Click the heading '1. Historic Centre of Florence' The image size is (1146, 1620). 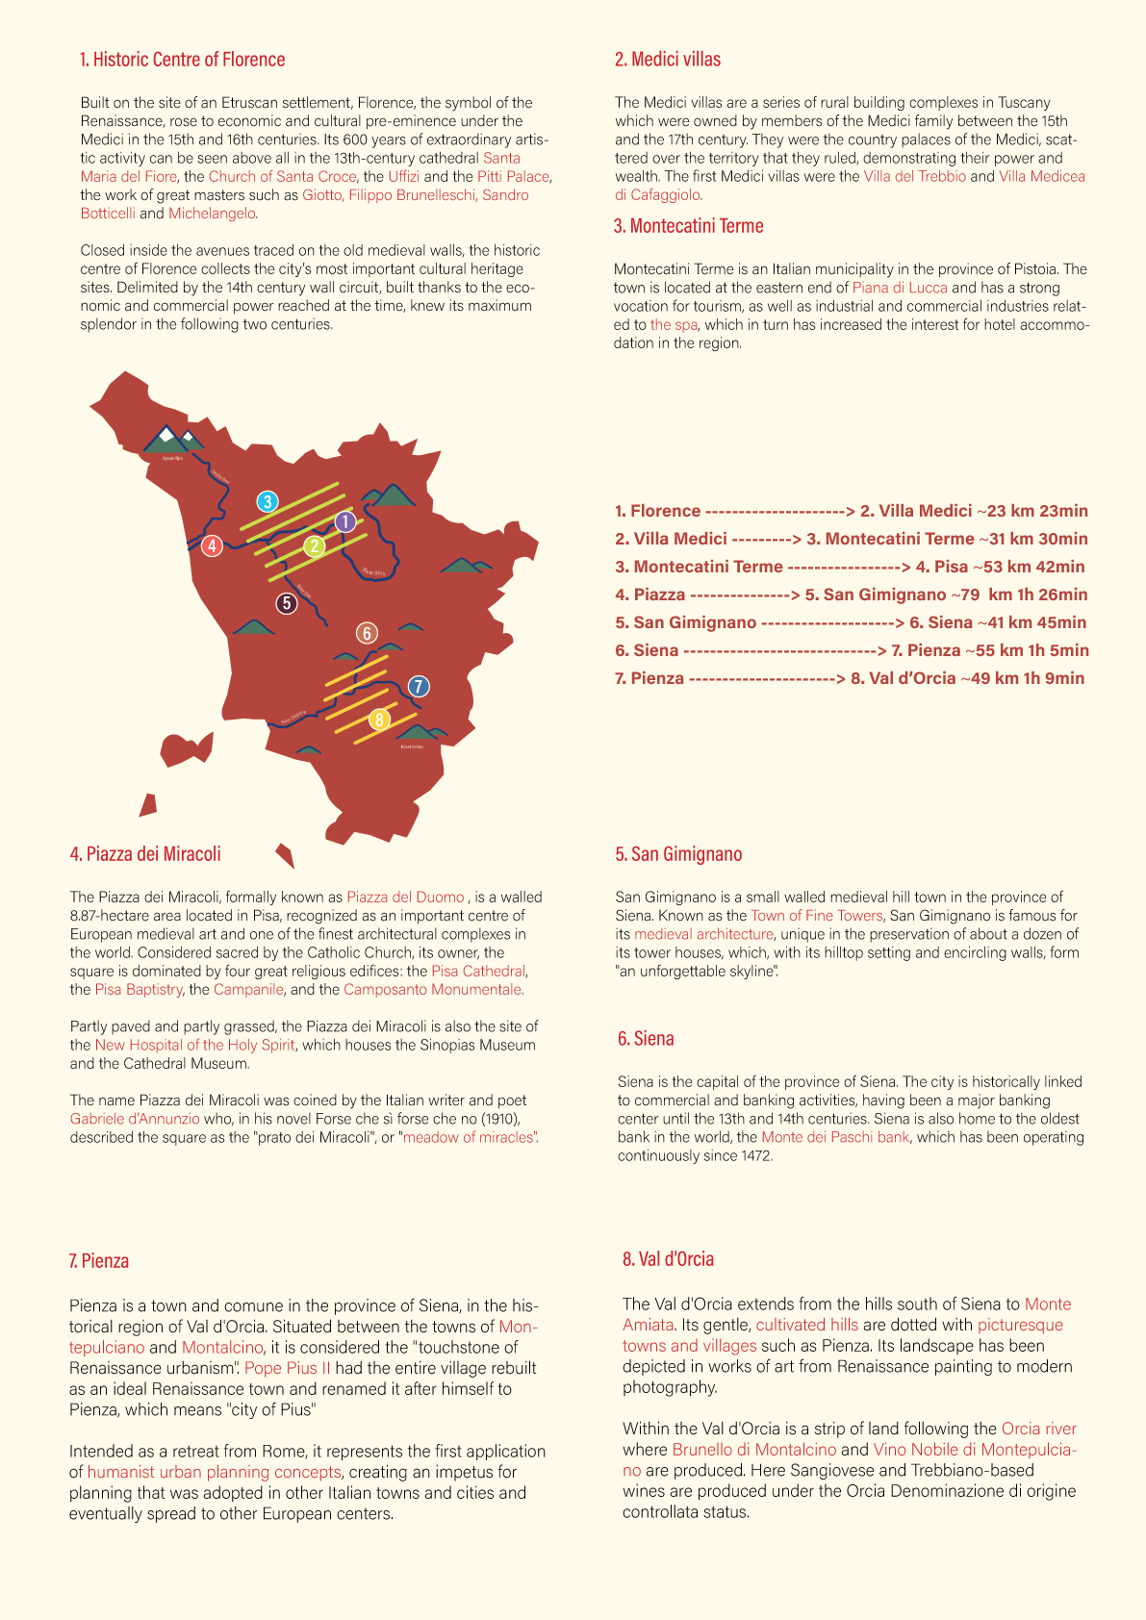pyautogui.click(x=182, y=60)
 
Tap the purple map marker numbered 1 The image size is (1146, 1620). pyautogui.click(x=345, y=521)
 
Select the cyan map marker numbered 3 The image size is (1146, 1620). pyautogui.click(x=267, y=501)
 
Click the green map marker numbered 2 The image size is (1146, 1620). pyautogui.click(x=314, y=546)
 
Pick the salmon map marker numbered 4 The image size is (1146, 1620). pyautogui.click(x=212, y=545)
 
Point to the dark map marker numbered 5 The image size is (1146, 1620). pyautogui.click(x=286, y=603)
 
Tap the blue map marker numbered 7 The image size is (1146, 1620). pyautogui.click(x=418, y=686)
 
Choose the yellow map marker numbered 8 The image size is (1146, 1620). pyautogui.click(x=380, y=719)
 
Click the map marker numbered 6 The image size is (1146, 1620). pyautogui.click(x=367, y=633)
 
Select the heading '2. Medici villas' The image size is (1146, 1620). pyautogui.click(x=668, y=60)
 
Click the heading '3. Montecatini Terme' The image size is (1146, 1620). pyautogui.click(x=689, y=226)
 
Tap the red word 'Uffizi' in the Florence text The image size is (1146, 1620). pyautogui.click(x=404, y=176)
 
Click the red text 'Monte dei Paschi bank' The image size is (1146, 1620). pyautogui.click(x=835, y=1137)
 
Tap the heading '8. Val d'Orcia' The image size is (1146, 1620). pyautogui.click(x=668, y=1259)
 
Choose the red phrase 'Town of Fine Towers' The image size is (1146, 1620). pyautogui.click(x=816, y=916)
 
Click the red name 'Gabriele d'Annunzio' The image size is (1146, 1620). pyautogui.click(x=135, y=1119)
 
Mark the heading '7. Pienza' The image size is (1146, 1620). pyautogui.click(x=98, y=1261)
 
